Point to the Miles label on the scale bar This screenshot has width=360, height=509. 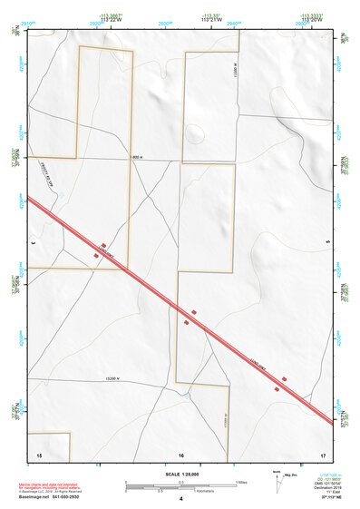click(x=241, y=481)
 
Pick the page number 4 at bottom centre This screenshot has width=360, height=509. click(x=181, y=499)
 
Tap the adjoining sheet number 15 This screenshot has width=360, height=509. click(x=39, y=453)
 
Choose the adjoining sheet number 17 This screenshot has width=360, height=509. click(x=323, y=453)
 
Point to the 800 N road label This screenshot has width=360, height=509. click(x=139, y=160)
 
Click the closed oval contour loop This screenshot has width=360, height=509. click(x=194, y=134)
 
